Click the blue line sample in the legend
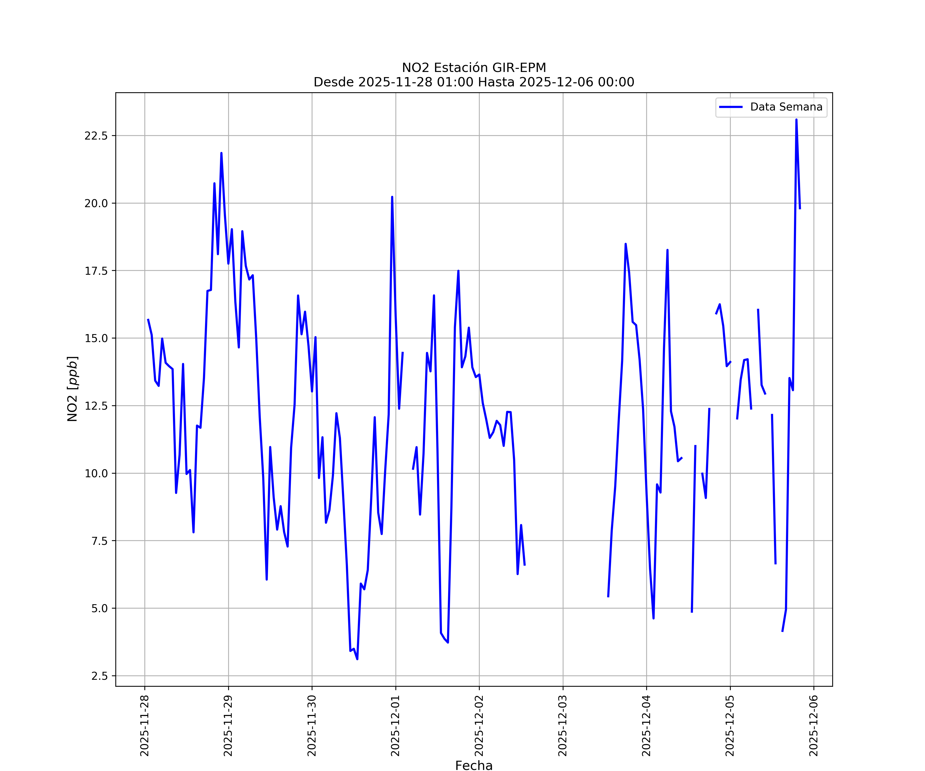pyautogui.click(x=731, y=107)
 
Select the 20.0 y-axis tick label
pyautogui.click(x=96, y=204)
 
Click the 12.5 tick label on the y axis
pyautogui.click(x=96, y=406)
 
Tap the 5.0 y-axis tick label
pyautogui.click(x=99, y=608)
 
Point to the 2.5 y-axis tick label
pyautogui.click(x=99, y=676)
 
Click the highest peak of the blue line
pyautogui.click(x=796, y=120)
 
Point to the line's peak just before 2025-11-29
pyautogui.click(x=221, y=153)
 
